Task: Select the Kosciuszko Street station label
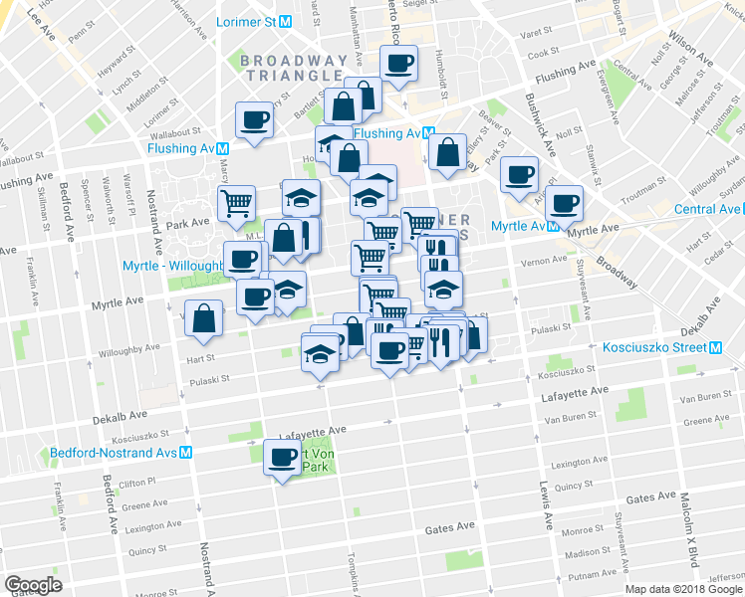(x=654, y=347)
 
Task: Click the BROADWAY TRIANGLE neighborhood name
(x=294, y=68)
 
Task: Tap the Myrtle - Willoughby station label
(x=171, y=267)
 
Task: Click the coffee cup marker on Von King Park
(x=281, y=458)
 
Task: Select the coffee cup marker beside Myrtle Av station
(x=564, y=202)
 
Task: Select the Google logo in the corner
(x=33, y=585)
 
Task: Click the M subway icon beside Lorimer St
(x=285, y=21)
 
